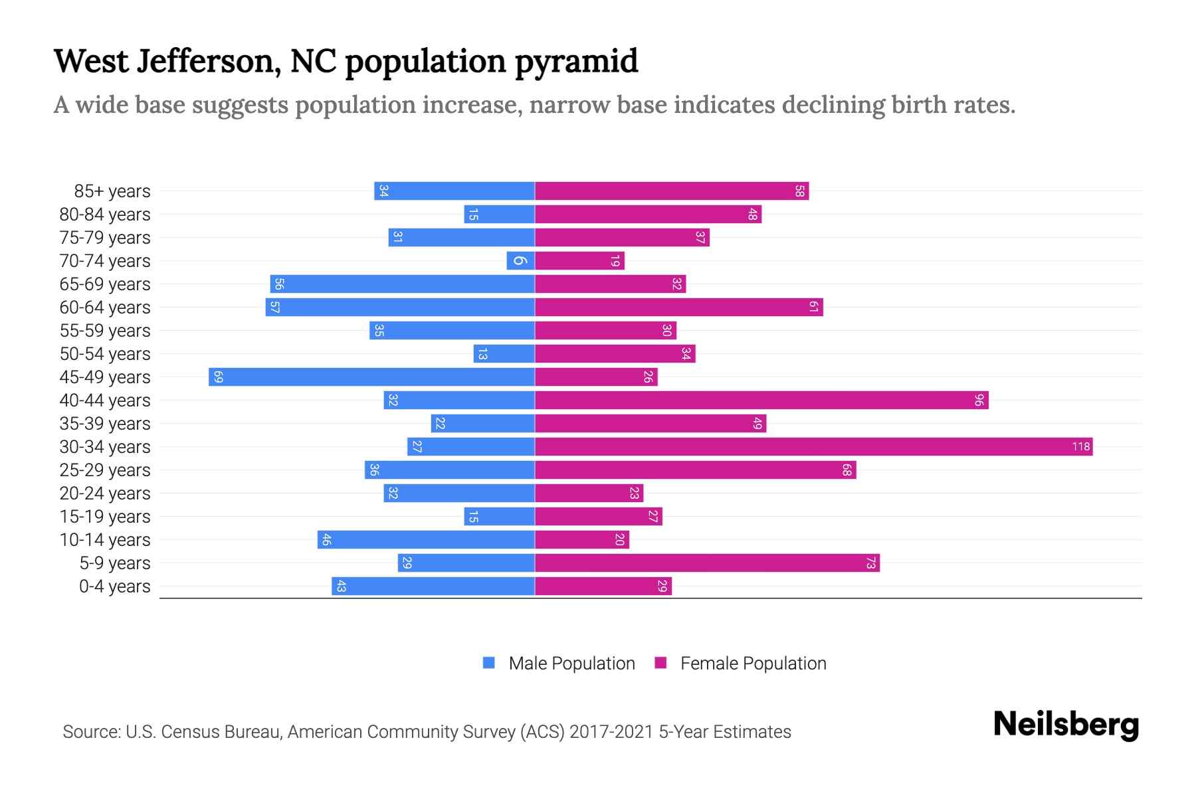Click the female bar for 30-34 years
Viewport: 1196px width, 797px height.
tap(813, 447)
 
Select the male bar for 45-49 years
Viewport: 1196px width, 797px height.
tap(372, 377)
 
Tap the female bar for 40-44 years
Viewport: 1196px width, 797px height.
tap(761, 400)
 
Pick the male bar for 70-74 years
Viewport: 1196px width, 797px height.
tap(520, 261)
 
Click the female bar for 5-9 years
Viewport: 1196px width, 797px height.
tap(707, 563)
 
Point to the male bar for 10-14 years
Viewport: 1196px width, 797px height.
tap(426, 540)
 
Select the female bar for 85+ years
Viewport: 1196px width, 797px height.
tap(671, 191)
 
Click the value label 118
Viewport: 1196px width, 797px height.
tap(1080, 447)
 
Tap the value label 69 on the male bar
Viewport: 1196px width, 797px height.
tap(218, 377)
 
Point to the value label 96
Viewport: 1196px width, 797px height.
tap(979, 400)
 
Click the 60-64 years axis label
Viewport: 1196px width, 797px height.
tap(105, 308)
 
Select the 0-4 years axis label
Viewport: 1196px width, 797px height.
tap(114, 586)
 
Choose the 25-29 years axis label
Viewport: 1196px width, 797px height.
tap(105, 470)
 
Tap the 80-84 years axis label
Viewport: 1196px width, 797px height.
tap(105, 215)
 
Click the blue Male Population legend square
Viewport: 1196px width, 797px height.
tap(489, 663)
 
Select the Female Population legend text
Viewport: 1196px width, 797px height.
tap(753, 664)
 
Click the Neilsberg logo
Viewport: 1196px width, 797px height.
tap(1066, 725)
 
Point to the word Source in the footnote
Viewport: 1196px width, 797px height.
tap(90, 732)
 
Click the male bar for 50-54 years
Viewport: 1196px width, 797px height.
tap(504, 354)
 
